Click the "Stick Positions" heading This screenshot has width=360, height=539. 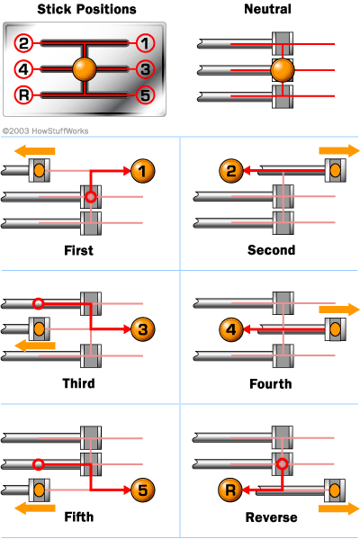[75, 10]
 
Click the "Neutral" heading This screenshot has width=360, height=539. [268, 10]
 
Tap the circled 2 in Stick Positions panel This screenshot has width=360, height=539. [24, 42]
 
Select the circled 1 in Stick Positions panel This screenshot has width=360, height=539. [145, 42]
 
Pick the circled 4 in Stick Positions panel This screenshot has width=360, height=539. [24, 68]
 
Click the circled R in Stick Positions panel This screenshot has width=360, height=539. [24, 95]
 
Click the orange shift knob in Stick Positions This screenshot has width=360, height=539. [85, 68]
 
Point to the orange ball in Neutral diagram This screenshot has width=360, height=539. [283, 69]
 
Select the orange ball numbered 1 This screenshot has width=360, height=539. [142, 168]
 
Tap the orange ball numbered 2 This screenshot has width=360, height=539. [229, 168]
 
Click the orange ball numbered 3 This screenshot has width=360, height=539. [142, 328]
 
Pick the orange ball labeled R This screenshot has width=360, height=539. [229, 490]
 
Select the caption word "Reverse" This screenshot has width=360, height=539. [271, 517]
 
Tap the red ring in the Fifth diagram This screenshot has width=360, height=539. [38, 464]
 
